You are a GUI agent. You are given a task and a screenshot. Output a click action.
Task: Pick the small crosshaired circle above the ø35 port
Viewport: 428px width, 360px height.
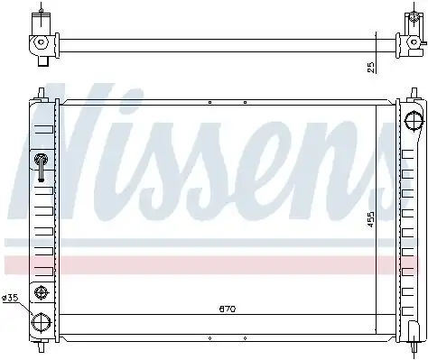click(x=42, y=290)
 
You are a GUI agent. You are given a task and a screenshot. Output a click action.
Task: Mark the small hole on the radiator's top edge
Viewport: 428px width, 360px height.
click(x=209, y=103)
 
